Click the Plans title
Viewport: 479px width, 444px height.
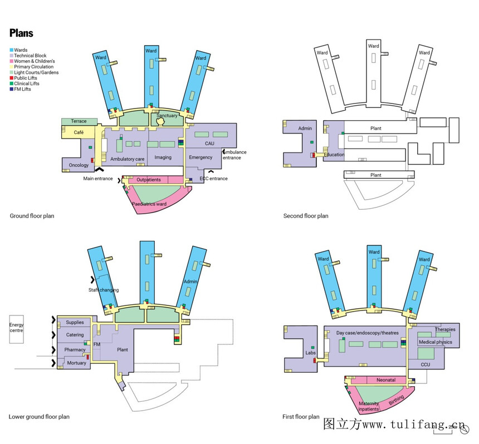pyautogui.click(x=21, y=33)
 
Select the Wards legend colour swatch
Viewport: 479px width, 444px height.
pyautogui.click(x=11, y=50)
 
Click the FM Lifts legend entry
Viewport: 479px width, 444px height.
pyautogui.click(x=22, y=89)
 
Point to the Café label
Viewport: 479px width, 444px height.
pyautogui.click(x=79, y=132)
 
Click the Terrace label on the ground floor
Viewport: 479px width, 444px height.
pyautogui.click(x=79, y=121)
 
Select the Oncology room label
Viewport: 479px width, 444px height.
pyautogui.click(x=79, y=165)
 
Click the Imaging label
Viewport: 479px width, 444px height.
pyautogui.click(x=163, y=157)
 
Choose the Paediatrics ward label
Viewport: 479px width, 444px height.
pyautogui.click(x=149, y=204)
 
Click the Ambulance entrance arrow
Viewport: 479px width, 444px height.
pyautogui.click(x=224, y=151)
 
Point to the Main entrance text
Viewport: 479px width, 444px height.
pyautogui.click(x=97, y=179)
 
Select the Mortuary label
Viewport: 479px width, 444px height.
pyautogui.click(x=76, y=363)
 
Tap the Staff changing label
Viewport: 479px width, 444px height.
pyautogui.click(x=104, y=290)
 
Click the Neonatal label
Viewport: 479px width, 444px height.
pyautogui.click(x=386, y=380)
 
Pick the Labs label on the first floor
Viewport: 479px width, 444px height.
pyautogui.click(x=310, y=353)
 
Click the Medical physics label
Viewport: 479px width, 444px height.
pyautogui.click(x=435, y=342)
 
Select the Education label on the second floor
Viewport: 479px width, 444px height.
pyautogui.click(x=334, y=155)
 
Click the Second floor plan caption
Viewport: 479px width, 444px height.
pyautogui.click(x=306, y=216)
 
